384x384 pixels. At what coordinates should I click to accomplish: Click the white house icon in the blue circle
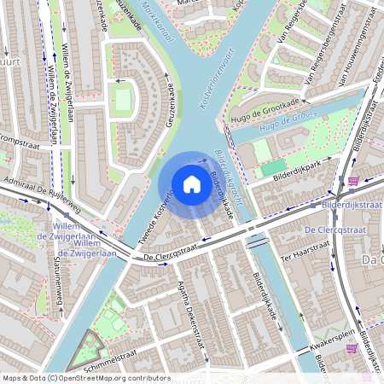tap(191, 183)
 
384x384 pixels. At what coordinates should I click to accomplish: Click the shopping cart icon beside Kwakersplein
tap(352, 347)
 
